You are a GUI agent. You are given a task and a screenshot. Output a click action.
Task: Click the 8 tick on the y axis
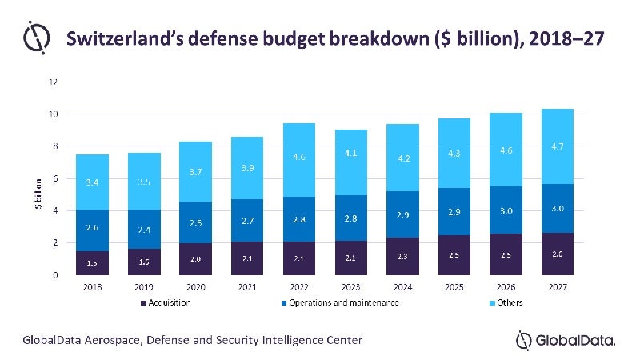(x=54, y=146)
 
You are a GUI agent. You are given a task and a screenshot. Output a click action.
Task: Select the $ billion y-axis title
(x=38, y=194)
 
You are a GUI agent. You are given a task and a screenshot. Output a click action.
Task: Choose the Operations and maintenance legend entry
(x=344, y=302)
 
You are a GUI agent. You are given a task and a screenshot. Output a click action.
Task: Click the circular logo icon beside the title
(x=35, y=38)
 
